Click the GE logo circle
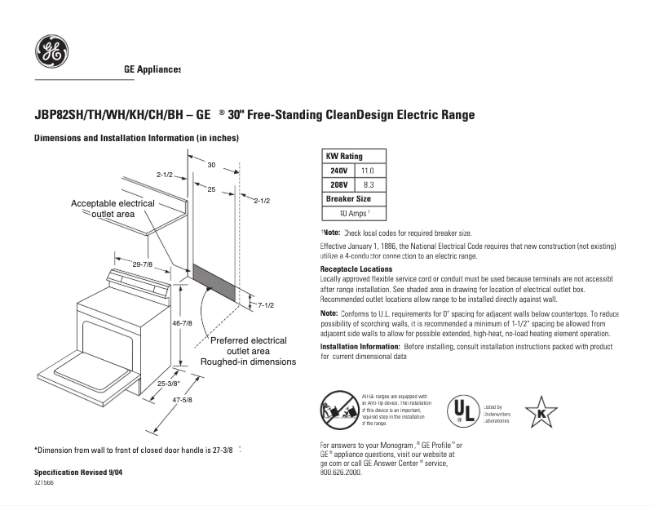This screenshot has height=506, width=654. tap(51, 51)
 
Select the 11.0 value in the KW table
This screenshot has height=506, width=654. tap(368, 171)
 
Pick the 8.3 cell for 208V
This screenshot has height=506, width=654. tap(368, 185)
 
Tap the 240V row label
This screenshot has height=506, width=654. tap(338, 171)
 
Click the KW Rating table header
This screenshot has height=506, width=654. tap(345, 156)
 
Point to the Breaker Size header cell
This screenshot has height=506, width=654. tap(348, 199)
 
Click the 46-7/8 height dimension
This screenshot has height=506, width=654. tap(182, 323)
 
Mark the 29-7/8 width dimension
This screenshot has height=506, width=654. tap(143, 264)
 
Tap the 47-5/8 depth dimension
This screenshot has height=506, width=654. tap(182, 399)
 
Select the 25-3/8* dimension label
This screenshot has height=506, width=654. tap(169, 383)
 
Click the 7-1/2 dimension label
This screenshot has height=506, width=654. tap(265, 305)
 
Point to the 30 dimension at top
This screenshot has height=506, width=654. tap(211, 165)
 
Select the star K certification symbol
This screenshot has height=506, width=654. tap(541, 412)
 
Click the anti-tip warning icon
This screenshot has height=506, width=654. tap(338, 410)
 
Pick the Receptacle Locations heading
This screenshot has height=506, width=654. tap(356, 269)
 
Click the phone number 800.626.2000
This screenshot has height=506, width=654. tap(341, 473)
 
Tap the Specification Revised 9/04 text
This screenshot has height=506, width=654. tap(78, 473)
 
